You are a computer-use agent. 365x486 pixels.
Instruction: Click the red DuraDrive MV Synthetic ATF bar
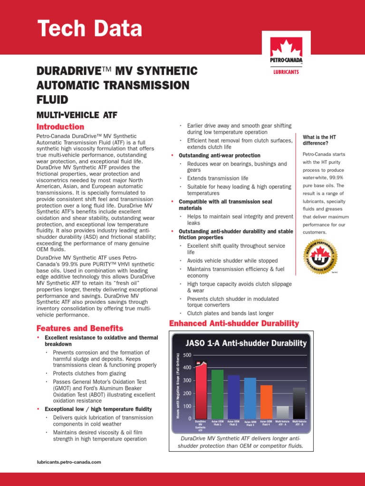tap(201, 392)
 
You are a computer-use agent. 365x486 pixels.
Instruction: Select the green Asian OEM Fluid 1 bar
tap(217, 394)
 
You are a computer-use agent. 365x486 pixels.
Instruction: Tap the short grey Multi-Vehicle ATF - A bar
tap(283, 412)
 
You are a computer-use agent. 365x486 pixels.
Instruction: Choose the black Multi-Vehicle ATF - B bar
tap(299, 403)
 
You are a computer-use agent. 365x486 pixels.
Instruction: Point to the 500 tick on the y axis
tap(186, 355)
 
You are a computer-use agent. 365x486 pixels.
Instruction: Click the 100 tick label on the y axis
tap(186, 406)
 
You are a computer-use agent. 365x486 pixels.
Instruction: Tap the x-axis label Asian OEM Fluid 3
tap(250, 423)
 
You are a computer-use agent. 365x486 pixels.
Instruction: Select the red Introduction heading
tap(60, 127)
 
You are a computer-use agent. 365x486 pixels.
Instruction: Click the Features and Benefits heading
tap(80, 328)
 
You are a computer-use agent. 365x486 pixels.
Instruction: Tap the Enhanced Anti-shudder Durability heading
tap(234, 324)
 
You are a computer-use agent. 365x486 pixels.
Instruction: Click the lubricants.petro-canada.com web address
tap(69, 461)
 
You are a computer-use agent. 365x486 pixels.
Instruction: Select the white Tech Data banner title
tap(89, 29)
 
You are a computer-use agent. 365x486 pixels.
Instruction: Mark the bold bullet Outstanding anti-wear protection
tap(219, 156)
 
